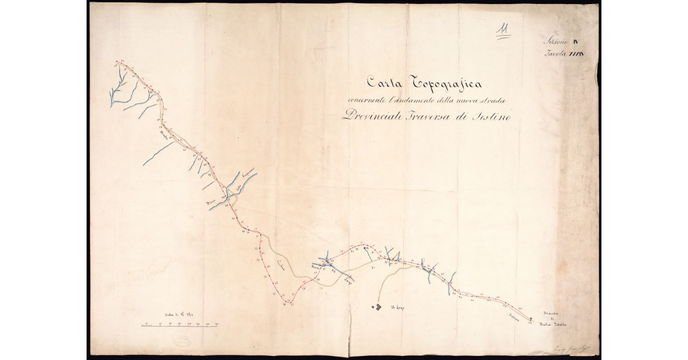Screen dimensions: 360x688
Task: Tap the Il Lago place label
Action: coord(397,308)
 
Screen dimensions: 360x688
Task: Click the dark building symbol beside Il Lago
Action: coord(378,308)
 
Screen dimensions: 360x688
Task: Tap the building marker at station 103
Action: coord(531,319)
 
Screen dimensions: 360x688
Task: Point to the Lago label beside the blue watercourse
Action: coord(347,281)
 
